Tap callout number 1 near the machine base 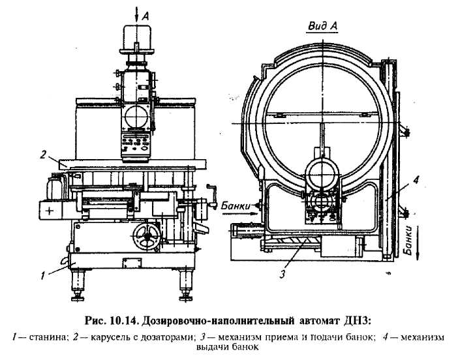pyautogui.click(x=42, y=276)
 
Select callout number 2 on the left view pyautogui.click(x=42, y=155)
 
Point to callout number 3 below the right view pyautogui.click(x=282, y=275)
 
